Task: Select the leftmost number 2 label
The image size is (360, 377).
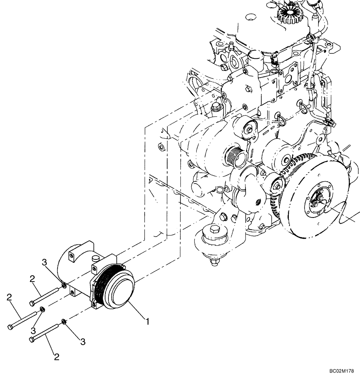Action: (9, 298)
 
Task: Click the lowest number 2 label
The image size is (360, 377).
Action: (57, 357)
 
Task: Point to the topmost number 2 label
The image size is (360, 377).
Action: (32, 279)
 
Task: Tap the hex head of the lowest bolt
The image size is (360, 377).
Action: (32, 340)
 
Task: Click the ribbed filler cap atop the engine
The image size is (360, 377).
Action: (288, 14)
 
